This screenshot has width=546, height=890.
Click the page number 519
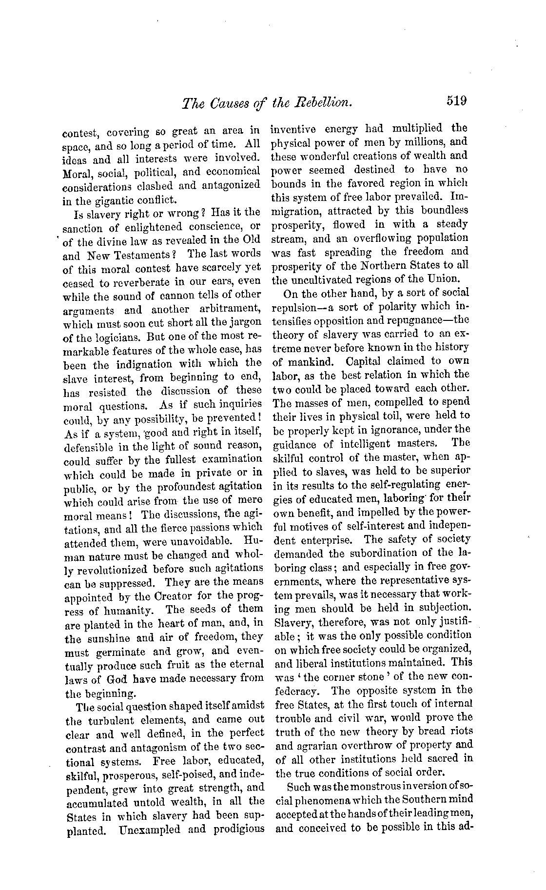point(456,101)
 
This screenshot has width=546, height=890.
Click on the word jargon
point(245,323)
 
